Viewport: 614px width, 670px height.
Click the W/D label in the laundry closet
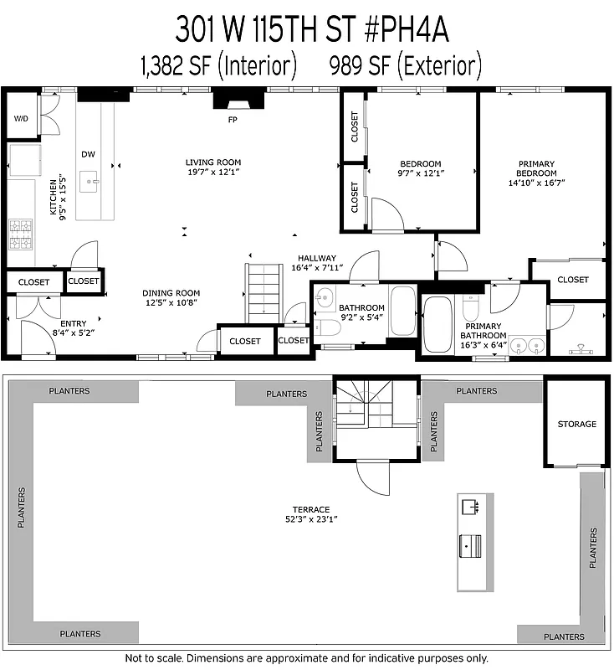[21, 119]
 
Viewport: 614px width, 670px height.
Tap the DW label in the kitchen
[88, 154]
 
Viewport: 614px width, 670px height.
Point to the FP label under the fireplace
[233, 120]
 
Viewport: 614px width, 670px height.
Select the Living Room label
[213, 162]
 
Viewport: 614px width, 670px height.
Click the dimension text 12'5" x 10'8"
[171, 303]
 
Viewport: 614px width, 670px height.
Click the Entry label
[74, 323]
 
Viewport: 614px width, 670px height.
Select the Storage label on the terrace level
[577, 425]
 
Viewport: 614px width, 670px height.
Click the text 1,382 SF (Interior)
[218, 64]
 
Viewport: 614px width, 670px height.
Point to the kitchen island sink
[90, 179]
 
